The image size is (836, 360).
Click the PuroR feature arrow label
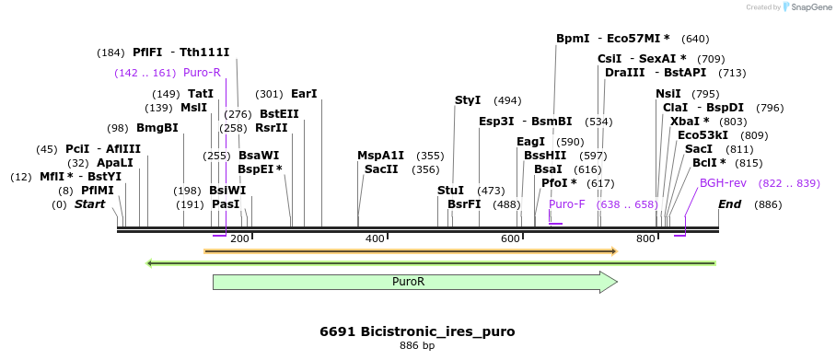point(408,283)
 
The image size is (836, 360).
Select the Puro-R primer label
point(202,73)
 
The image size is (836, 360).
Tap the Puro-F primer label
point(566,204)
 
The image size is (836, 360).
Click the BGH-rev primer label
point(723,183)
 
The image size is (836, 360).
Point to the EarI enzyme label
point(304,94)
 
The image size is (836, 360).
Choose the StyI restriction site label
point(468,100)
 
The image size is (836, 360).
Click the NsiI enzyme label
point(668,94)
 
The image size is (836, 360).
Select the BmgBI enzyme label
point(157,128)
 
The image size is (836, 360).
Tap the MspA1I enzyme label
point(381,156)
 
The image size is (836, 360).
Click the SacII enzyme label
point(381,169)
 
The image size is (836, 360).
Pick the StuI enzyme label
point(450,191)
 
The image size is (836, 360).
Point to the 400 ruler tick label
point(375,239)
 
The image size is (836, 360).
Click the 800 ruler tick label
point(645,239)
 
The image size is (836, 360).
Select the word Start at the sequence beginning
point(90,204)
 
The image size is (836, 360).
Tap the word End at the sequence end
point(730,204)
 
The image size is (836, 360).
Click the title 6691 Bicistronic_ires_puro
point(417,331)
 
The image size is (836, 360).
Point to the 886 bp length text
point(417,346)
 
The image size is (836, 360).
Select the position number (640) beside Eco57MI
point(695,39)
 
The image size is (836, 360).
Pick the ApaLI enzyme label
point(115,163)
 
